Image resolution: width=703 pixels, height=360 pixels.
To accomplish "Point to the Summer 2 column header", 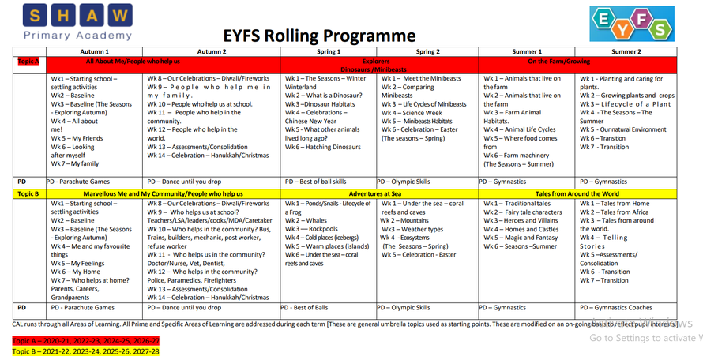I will tap(627, 51).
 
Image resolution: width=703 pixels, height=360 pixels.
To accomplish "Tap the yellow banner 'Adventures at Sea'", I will tap(379, 193).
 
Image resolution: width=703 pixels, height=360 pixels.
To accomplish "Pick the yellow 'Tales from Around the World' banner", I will tap(577, 193).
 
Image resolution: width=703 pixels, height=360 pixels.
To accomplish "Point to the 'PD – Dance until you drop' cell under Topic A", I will tap(187, 182).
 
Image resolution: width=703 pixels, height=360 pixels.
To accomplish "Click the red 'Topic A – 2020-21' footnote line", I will tap(85, 340).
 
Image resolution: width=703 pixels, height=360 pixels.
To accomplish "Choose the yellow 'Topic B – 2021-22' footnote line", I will tap(85, 351).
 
